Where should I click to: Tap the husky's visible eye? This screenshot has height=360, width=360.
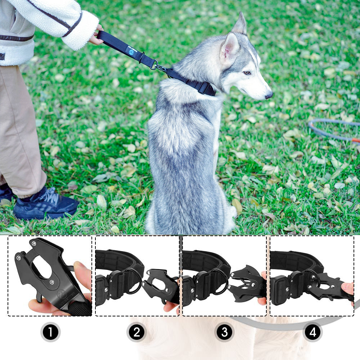click(247, 73)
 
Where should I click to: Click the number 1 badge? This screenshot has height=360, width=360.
click(50, 332)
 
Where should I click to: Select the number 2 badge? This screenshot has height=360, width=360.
click(137, 332)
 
